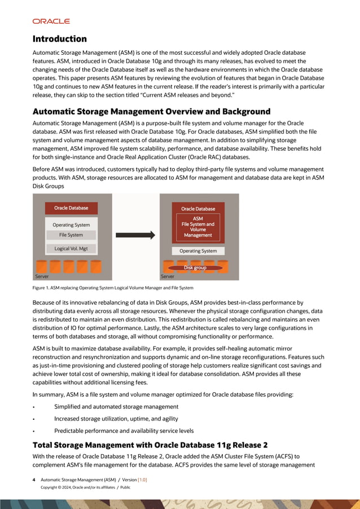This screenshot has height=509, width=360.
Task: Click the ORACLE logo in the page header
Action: tap(51, 21)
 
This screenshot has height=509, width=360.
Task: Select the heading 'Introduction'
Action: tap(59, 39)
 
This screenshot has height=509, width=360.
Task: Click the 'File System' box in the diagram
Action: tap(71, 235)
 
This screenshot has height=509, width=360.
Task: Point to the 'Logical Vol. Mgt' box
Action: tap(71, 248)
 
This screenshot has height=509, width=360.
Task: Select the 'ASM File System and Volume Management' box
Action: tap(197, 227)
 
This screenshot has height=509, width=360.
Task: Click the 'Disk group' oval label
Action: tap(195, 267)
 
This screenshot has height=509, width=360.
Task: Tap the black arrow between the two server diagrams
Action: tap(135, 235)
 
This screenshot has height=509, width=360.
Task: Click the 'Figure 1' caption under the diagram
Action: tap(113, 288)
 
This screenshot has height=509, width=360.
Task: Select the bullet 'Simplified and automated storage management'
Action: tap(116, 406)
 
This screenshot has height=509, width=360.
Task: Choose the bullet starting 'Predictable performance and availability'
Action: tap(124, 431)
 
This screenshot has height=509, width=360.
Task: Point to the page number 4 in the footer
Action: tap(34, 480)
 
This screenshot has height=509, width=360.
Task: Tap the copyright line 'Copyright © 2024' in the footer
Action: tap(85, 487)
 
